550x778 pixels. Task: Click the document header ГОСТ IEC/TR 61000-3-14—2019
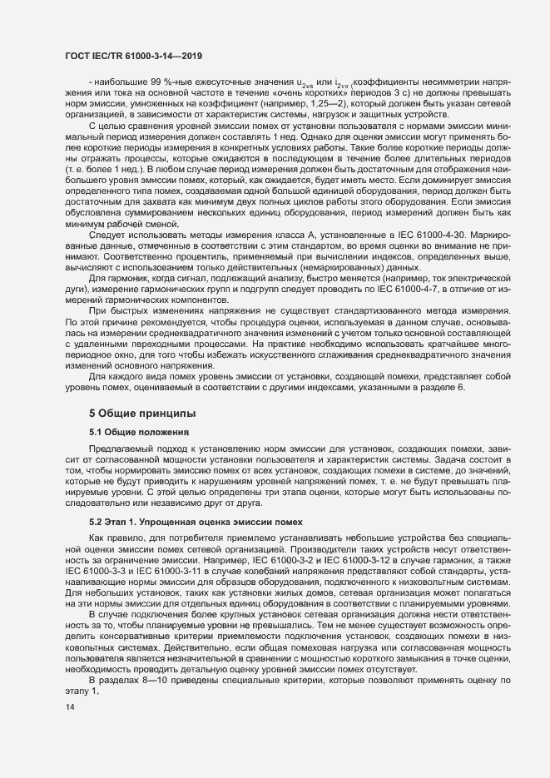pyautogui.click(x=134, y=56)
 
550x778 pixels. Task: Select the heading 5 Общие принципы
pyautogui.click(x=142, y=413)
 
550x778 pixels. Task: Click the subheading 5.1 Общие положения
pyautogui.click(x=140, y=433)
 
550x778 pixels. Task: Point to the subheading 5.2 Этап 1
pyautogui.click(x=124, y=521)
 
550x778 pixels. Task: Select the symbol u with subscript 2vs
pyautogui.click(x=305, y=83)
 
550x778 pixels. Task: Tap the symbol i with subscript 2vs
pyautogui.click(x=339, y=83)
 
